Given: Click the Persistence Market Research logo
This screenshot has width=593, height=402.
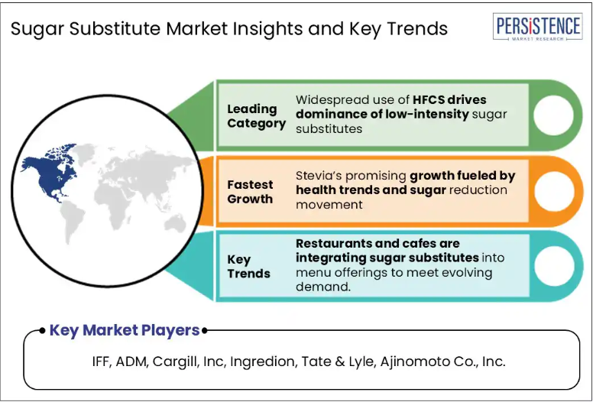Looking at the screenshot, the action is coord(537,27).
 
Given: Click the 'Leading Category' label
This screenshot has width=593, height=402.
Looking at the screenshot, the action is coord(257,116).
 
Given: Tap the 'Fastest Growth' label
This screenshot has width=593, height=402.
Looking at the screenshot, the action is coord(250,192).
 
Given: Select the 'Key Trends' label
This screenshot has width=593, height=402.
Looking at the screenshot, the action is coord(248,267).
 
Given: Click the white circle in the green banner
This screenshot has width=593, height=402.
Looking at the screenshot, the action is coord(553,115).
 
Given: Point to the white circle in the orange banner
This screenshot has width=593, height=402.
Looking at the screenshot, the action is coord(554,191).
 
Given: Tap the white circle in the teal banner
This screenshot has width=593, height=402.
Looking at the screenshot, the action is coord(554,266).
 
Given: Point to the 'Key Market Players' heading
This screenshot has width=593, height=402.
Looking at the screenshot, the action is coord(125,330).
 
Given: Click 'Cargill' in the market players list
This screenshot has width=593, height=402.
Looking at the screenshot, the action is coord(177,362).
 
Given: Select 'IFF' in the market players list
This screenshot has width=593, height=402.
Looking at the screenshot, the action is coord(102,361).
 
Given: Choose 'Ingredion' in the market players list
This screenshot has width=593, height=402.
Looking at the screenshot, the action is coord(262,362).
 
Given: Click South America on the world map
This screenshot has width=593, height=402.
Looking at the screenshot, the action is coord(73,221).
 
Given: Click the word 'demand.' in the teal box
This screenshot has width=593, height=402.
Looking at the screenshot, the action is coord(323,287).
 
